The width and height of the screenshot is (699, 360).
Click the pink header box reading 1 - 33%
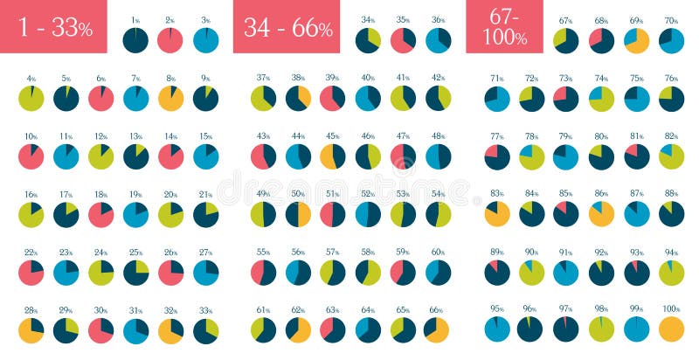click(x=53, y=27)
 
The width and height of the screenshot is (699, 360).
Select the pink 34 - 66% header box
click(x=287, y=27)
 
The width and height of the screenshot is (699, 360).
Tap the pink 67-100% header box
click(x=504, y=27)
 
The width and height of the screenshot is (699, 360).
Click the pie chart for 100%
click(x=672, y=329)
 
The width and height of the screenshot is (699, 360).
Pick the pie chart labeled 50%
click(x=298, y=214)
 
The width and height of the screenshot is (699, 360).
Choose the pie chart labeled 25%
click(x=135, y=272)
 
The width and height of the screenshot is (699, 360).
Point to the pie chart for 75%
click(x=637, y=99)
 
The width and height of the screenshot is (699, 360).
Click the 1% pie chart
click(x=135, y=40)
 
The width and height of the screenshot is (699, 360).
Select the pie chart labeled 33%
click(x=205, y=329)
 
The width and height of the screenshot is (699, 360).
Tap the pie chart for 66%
click(x=438, y=329)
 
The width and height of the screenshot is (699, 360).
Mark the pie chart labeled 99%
click(x=637, y=329)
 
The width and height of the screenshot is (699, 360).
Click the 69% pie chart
click(x=637, y=40)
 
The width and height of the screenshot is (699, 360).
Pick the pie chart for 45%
click(x=333, y=156)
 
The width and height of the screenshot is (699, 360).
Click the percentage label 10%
click(x=31, y=136)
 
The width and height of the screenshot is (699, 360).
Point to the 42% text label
click(x=438, y=78)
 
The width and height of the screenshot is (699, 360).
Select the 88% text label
click(x=671, y=194)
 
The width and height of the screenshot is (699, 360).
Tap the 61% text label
click(x=263, y=309)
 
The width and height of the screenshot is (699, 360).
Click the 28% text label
click(x=31, y=309)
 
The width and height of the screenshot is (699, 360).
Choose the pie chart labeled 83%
click(x=497, y=214)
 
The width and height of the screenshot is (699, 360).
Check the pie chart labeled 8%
click(x=170, y=99)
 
